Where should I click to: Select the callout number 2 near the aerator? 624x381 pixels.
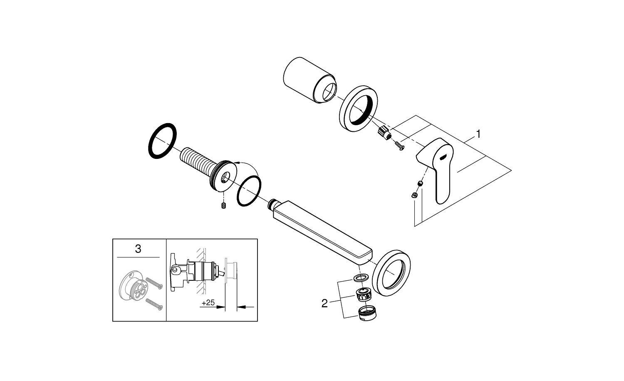[x=324, y=304]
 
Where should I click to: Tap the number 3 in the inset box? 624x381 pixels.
[x=138, y=249]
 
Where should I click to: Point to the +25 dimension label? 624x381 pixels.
[x=208, y=303]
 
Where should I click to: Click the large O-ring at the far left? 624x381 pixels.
[x=163, y=141]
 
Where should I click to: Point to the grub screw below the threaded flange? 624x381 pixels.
[x=224, y=205]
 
